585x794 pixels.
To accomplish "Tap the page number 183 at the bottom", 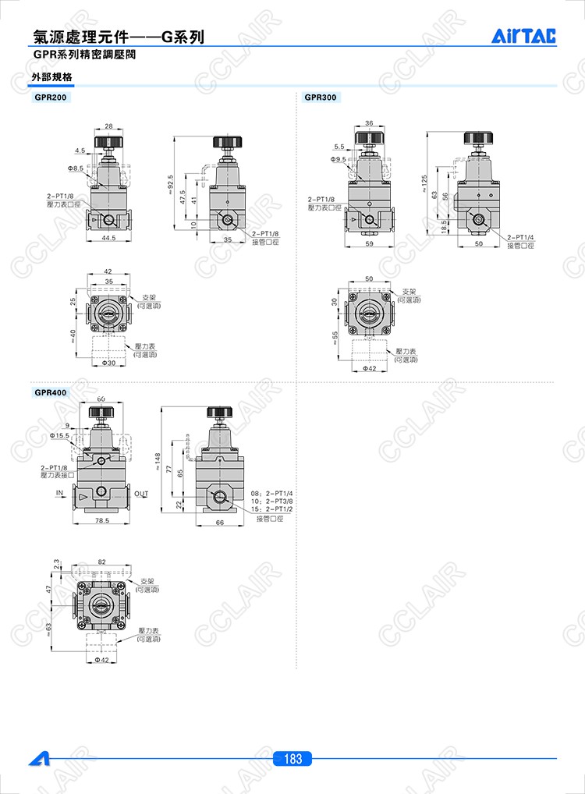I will pyautogui.click(x=292, y=759).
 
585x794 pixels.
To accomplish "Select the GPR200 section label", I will pyautogui.click(x=51, y=97).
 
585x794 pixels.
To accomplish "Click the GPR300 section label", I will pyautogui.click(x=321, y=97).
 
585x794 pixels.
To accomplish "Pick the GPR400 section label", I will pyautogui.click(x=51, y=392).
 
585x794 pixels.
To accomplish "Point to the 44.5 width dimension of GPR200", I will pyautogui.click(x=108, y=238).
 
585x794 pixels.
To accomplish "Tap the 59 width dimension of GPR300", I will pyautogui.click(x=369, y=244).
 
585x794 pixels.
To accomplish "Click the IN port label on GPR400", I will pyautogui.click(x=60, y=494).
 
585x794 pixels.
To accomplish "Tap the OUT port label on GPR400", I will pyautogui.click(x=141, y=494).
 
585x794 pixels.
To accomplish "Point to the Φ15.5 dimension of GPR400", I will pyautogui.click(x=58, y=435).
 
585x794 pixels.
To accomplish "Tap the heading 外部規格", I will pyautogui.click(x=51, y=77).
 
